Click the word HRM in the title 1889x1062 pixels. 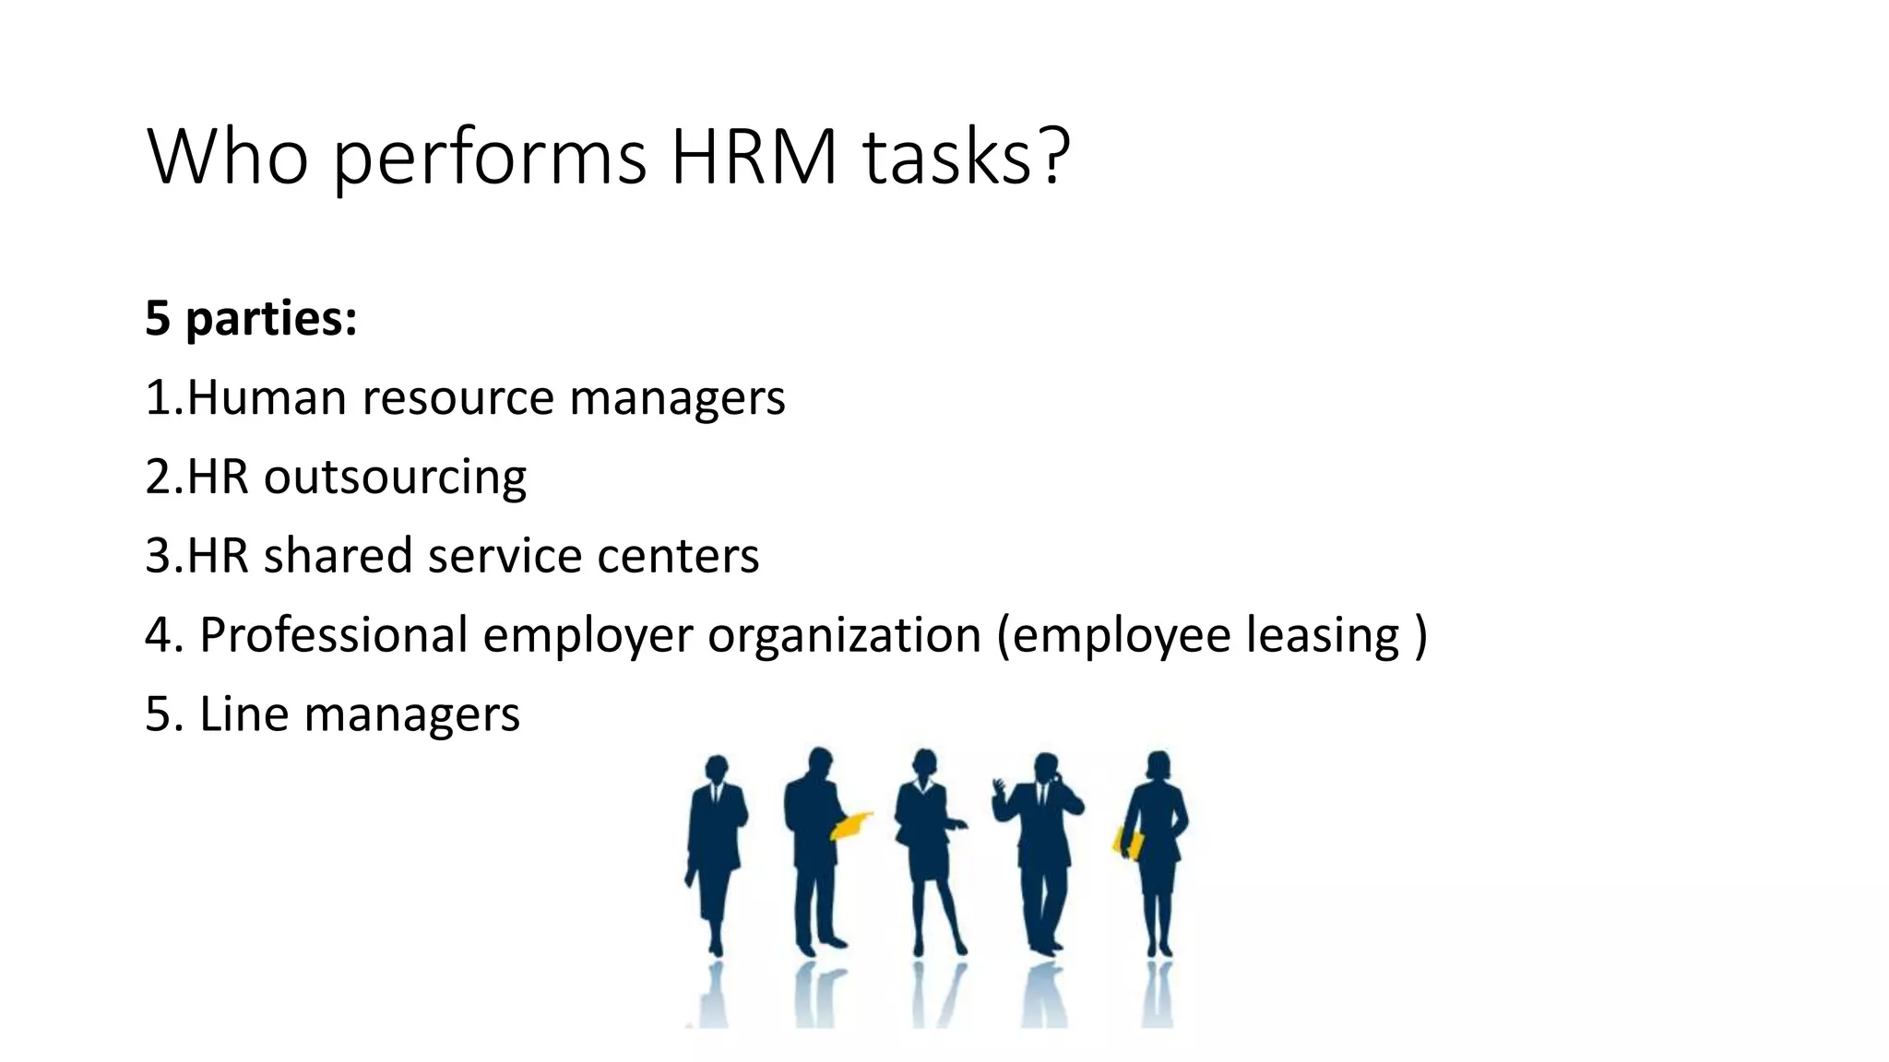click(754, 157)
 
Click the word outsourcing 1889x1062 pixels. click(395, 478)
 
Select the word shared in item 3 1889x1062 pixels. click(338, 556)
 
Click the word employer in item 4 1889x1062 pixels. click(588, 635)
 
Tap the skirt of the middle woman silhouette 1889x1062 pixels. click(925, 862)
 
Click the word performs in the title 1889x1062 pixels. click(489, 157)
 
